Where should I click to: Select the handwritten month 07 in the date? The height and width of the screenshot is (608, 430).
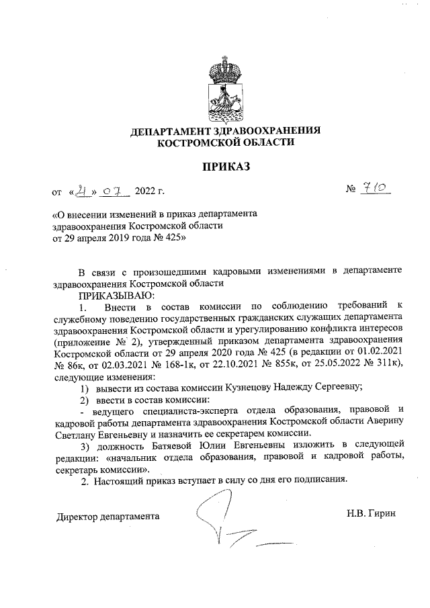(116, 192)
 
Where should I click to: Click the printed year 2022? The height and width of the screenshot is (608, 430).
(145, 193)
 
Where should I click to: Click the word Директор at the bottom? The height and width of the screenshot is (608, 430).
(77, 517)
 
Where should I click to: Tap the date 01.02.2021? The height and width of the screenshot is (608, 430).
(378, 352)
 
